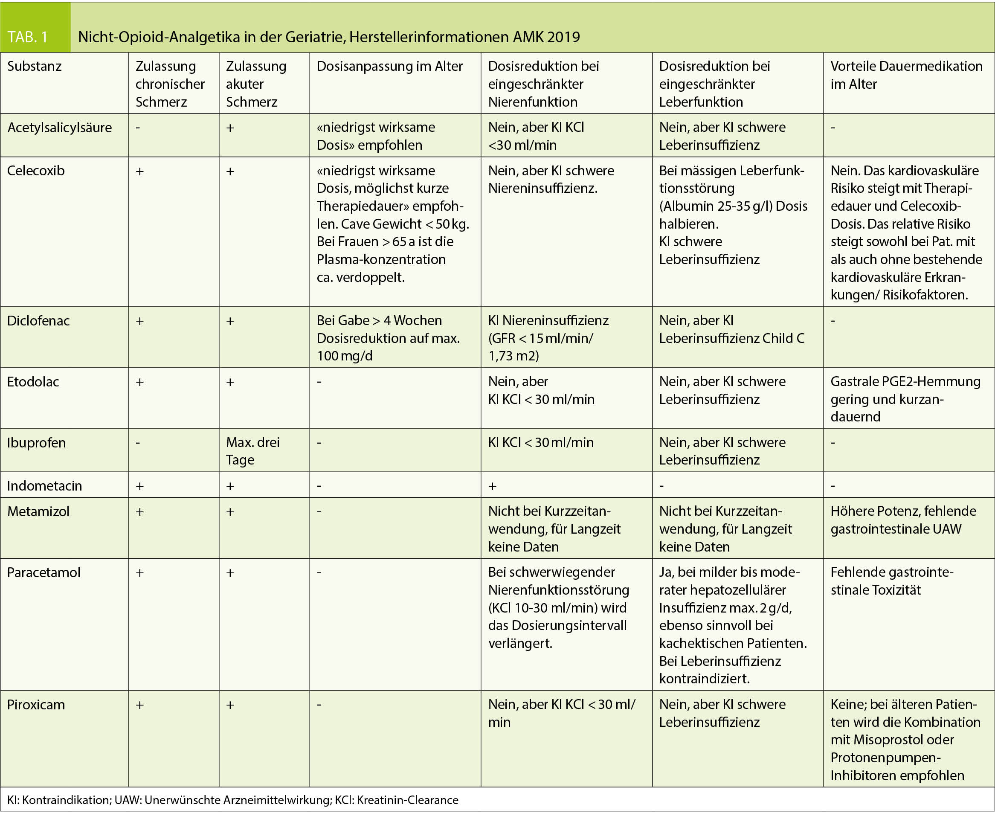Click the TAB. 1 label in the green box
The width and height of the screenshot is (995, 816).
(x=28, y=37)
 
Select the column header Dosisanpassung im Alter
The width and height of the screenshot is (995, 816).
(x=389, y=66)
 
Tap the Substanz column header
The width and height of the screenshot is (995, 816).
(x=34, y=66)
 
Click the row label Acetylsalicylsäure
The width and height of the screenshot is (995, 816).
(x=59, y=128)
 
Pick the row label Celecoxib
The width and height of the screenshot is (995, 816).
(x=36, y=171)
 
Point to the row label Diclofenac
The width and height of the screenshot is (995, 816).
(x=38, y=321)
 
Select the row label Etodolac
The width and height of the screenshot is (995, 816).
(x=33, y=382)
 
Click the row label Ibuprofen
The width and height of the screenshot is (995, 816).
(x=36, y=443)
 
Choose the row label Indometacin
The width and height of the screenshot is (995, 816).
(x=44, y=486)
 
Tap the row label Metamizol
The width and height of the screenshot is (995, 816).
(x=38, y=511)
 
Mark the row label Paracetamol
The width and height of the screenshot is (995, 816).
(x=44, y=572)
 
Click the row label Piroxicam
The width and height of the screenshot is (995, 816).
(x=36, y=705)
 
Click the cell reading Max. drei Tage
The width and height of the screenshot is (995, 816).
(x=253, y=451)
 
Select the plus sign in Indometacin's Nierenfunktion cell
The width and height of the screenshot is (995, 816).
(x=492, y=486)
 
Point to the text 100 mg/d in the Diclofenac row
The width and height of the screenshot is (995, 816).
(x=345, y=356)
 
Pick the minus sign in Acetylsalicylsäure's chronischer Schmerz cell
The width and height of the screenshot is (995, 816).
(x=138, y=128)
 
